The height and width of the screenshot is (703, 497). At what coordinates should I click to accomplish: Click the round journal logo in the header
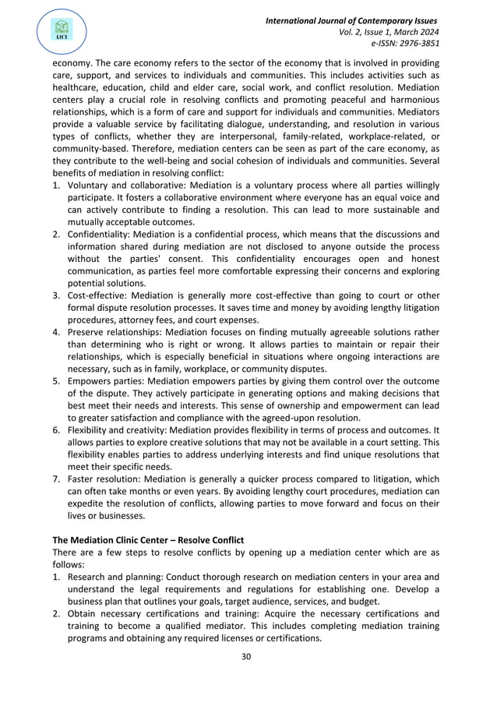pos(60,30)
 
